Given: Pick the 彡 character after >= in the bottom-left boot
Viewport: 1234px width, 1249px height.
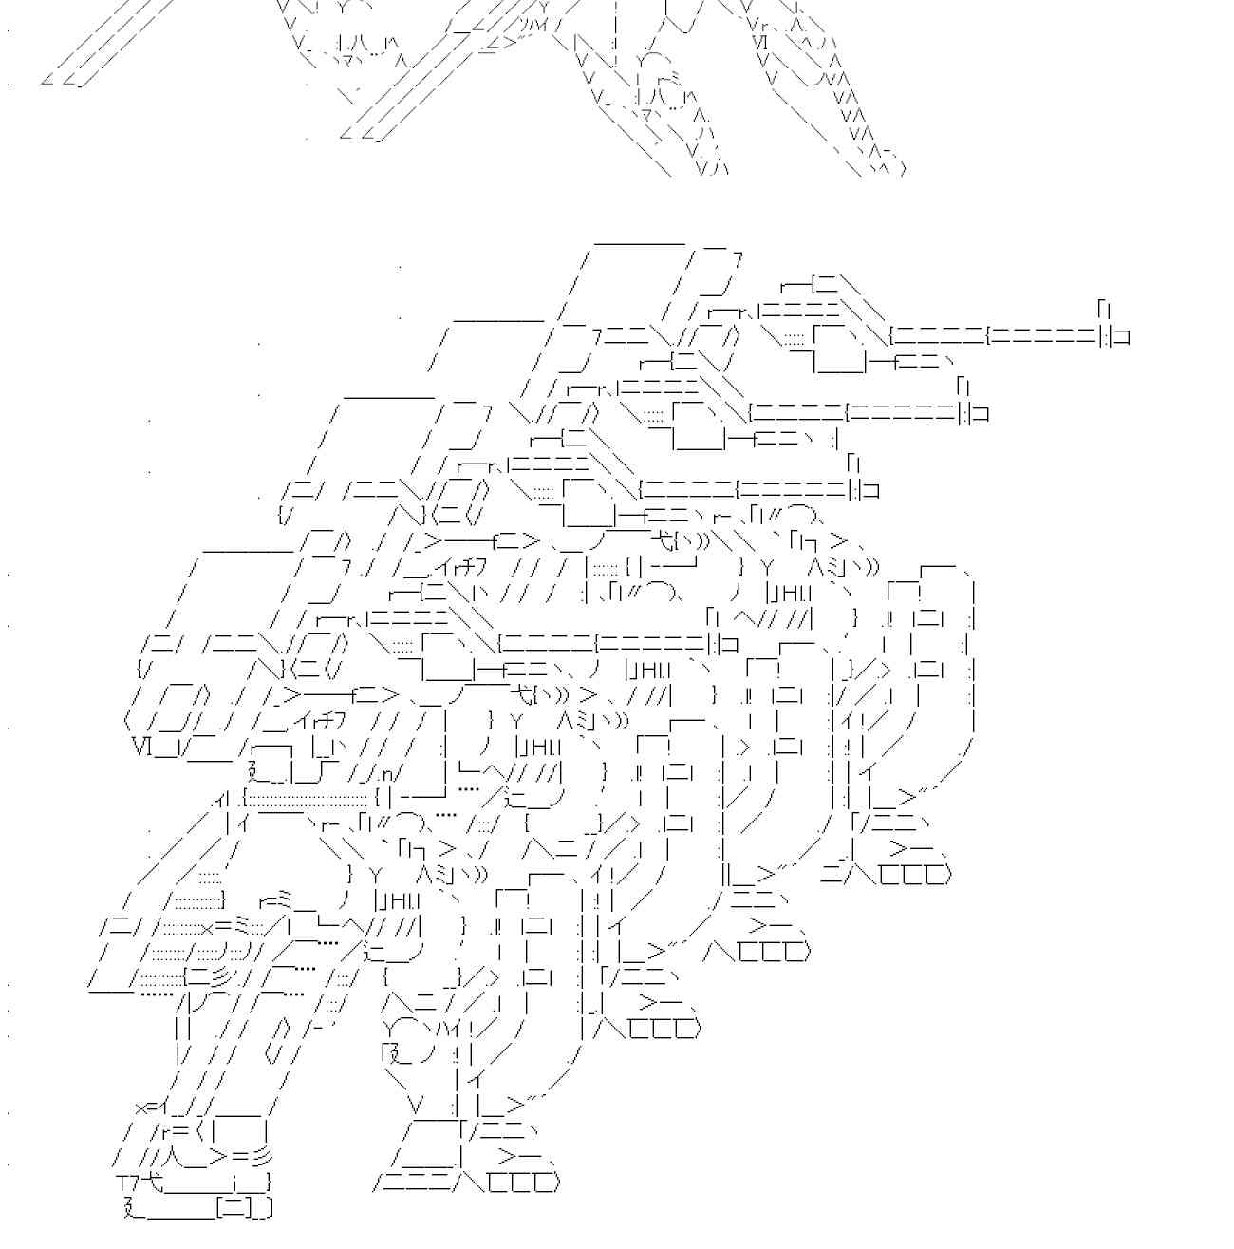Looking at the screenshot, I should [263, 1157].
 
